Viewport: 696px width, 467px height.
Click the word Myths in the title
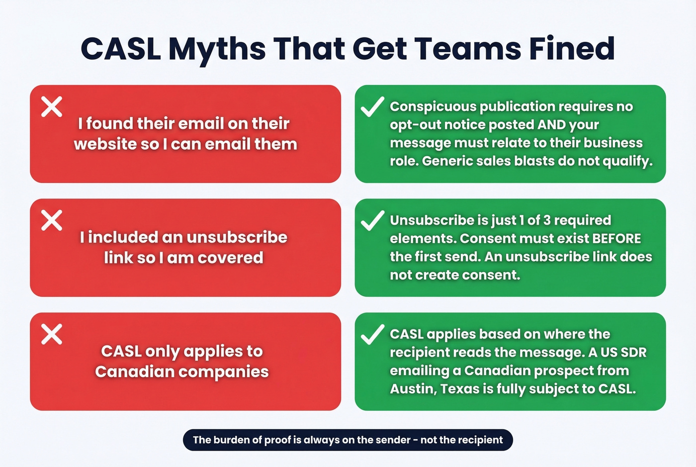coord(217,49)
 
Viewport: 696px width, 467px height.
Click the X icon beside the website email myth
coord(52,106)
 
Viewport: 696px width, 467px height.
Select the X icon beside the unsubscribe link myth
coord(52,220)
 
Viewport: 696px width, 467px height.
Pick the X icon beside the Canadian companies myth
coord(52,334)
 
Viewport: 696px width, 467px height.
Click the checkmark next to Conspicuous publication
coord(372,106)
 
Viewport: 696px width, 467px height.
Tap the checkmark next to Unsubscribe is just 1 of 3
coord(372,220)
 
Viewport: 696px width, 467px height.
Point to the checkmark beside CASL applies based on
coord(372,334)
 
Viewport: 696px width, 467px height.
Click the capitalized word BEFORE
coord(616,238)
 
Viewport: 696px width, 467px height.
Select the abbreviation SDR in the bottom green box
coord(634,352)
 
